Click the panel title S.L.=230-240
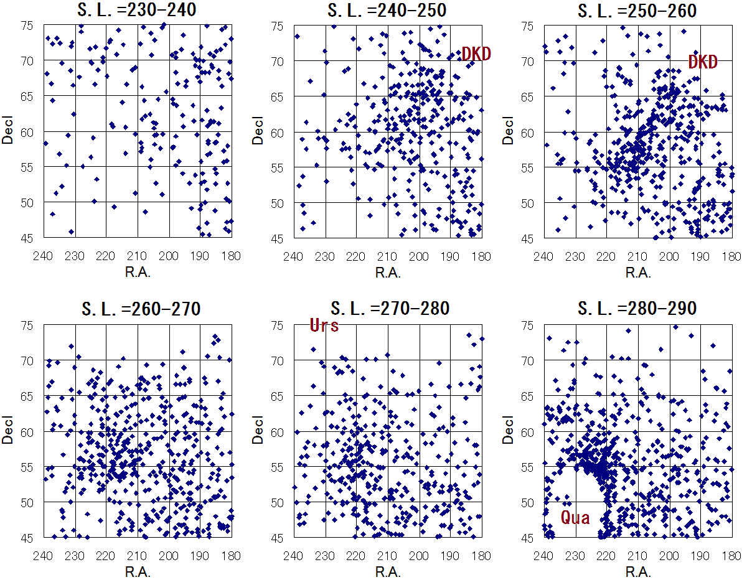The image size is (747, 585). [138, 11]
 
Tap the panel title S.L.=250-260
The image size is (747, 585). [637, 11]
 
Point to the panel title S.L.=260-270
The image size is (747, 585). [138, 309]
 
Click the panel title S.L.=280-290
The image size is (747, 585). [637, 309]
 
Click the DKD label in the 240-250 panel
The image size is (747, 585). [476, 54]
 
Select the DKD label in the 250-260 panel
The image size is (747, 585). [703, 62]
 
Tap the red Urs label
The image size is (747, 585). [324, 325]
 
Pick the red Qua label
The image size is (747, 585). [575, 517]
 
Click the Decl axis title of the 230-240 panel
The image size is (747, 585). [8, 132]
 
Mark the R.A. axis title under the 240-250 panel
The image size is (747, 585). [388, 273]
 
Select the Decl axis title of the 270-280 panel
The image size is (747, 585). [258, 431]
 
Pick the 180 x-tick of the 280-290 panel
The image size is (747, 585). [731, 554]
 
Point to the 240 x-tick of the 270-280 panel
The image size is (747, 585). [294, 554]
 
